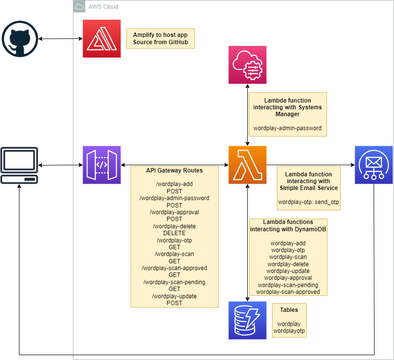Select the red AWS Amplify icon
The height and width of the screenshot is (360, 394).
point(102,39)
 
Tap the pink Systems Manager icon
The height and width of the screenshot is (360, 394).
point(248,65)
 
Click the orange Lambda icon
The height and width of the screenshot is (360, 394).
point(248,165)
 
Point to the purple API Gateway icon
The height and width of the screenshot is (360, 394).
point(102,165)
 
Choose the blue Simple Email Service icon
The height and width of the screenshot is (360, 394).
point(374,165)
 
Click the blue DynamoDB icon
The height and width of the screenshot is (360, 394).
point(248,320)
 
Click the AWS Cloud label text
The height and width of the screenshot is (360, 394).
point(103,7)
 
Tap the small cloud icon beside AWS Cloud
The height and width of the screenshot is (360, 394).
point(79,7)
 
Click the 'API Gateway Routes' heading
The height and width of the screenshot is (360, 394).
point(174,171)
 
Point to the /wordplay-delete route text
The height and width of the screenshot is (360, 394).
point(174,226)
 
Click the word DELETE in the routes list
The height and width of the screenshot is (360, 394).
point(174,233)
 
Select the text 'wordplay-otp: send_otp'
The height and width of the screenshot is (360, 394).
point(308,202)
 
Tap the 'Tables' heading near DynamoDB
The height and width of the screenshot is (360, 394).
point(289,309)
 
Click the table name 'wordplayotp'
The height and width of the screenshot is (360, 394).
point(289,331)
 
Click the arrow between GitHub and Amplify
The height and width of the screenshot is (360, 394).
point(60,39)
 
